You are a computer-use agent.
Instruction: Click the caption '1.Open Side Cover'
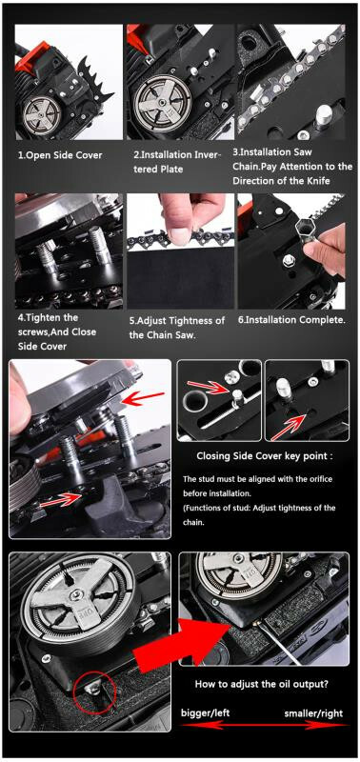[60, 155]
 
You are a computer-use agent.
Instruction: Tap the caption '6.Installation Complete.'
[290, 320]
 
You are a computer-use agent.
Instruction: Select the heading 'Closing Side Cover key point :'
[265, 456]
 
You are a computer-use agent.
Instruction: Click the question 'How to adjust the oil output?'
[261, 684]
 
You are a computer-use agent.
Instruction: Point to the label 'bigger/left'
[205, 712]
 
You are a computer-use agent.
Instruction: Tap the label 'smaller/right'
[313, 713]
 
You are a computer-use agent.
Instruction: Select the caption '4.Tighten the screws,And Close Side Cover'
[57, 331]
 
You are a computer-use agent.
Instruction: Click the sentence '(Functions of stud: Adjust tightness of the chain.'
[259, 515]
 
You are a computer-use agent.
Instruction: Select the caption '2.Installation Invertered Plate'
[177, 162]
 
